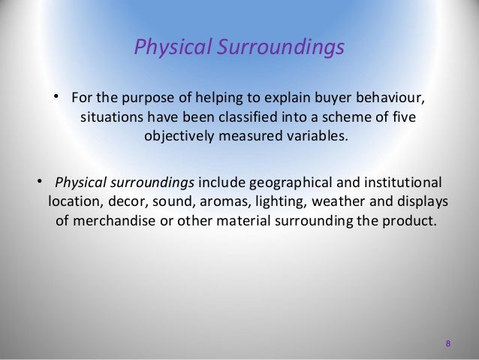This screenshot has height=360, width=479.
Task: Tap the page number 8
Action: tap(448, 344)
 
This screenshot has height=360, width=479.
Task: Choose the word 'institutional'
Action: tap(401, 183)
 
